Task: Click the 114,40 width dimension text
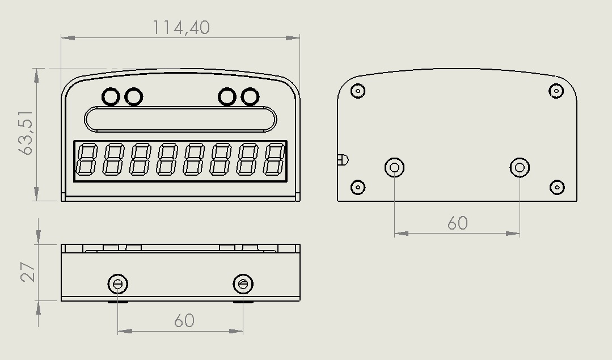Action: [181, 28]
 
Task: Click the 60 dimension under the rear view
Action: [457, 223]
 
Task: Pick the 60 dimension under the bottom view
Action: [184, 321]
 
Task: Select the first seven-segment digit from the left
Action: [86, 159]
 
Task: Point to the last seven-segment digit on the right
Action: [274, 159]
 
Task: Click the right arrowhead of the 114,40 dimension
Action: [293, 38]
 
